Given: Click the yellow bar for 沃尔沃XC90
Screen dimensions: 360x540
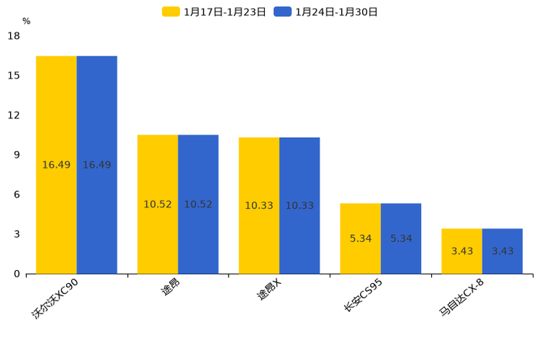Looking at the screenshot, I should [57, 165].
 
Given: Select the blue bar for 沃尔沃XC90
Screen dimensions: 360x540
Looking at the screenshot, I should [97, 165].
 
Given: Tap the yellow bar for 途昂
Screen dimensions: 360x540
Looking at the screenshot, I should [157, 204].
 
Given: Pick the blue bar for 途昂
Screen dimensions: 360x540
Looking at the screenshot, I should [198, 204].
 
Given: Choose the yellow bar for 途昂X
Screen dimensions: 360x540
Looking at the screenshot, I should [259, 205].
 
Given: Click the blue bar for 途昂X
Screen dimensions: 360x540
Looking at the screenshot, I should [299, 205].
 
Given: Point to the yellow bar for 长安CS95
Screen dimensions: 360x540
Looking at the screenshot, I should [361, 238].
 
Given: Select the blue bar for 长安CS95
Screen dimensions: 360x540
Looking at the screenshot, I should [401, 238].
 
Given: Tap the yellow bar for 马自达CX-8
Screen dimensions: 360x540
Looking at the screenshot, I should [462, 251].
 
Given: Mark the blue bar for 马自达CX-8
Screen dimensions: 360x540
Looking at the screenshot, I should [502, 251].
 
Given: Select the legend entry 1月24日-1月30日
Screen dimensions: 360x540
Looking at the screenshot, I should [327, 12].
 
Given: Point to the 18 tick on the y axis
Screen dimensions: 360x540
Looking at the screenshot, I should [14, 36].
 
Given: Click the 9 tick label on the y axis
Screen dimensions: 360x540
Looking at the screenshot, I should [17, 155].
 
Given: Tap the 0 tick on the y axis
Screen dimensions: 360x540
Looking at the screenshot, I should [17, 274].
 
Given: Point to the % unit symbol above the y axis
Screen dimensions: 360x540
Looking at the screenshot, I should [26, 21].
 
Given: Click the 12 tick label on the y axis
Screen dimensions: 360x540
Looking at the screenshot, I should [14, 115].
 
